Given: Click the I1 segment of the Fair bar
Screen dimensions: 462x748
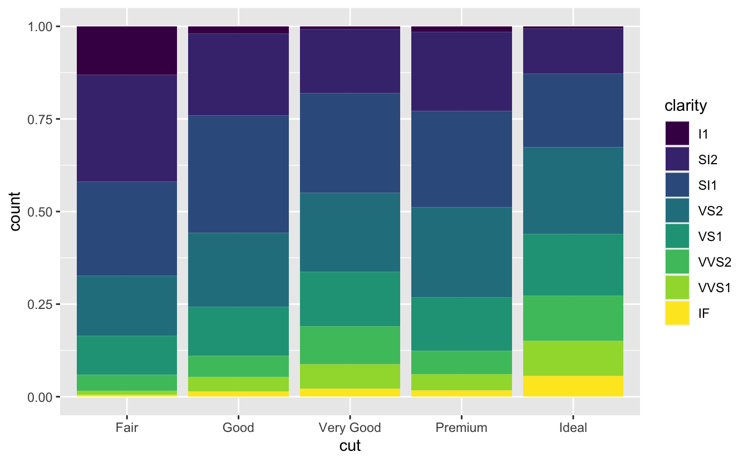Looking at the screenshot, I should [127, 51].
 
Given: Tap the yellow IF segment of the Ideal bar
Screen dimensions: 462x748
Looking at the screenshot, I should [573, 386].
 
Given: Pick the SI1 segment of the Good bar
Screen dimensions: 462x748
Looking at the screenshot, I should [238, 174].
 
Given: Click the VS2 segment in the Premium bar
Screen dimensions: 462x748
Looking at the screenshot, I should [461, 252].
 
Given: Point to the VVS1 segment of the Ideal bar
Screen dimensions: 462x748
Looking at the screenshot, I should [573, 358].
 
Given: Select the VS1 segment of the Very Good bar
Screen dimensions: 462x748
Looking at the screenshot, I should [350, 299].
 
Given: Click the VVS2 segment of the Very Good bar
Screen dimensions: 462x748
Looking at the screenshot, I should [350, 345].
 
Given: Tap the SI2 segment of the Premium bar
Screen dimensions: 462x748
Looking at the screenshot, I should [461, 71].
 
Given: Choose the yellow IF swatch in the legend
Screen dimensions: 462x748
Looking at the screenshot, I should [677, 313].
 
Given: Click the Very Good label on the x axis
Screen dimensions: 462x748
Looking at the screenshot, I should [350, 428].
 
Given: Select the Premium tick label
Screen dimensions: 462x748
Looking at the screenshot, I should [461, 428].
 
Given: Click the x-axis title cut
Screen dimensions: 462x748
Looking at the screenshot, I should [350, 446].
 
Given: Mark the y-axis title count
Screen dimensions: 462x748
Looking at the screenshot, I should [15, 212].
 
